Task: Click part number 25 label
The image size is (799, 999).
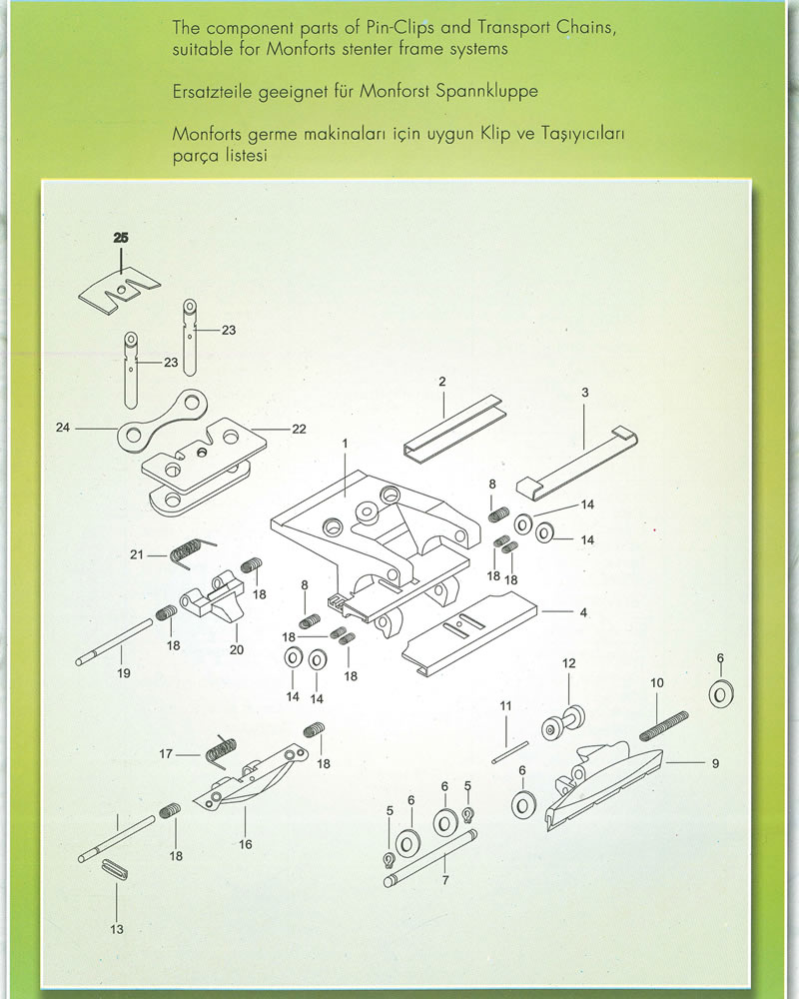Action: tap(121, 238)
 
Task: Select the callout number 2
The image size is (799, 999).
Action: tap(441, 382)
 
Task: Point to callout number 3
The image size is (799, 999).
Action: tap(585, 394)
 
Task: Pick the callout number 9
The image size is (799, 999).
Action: tap(715, 764)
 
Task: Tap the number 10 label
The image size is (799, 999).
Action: tap(657, 683)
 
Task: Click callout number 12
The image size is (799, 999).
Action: tap(569, 663)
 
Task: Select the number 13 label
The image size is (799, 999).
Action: tap(117, 929)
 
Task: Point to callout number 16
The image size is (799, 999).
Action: tap(246, 844)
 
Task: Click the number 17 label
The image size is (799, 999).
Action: tap(167, 754)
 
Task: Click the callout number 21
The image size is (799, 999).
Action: tap(137, 554)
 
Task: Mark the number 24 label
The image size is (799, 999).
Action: tap(63, 429)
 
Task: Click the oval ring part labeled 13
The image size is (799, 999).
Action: tap(117, 868)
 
